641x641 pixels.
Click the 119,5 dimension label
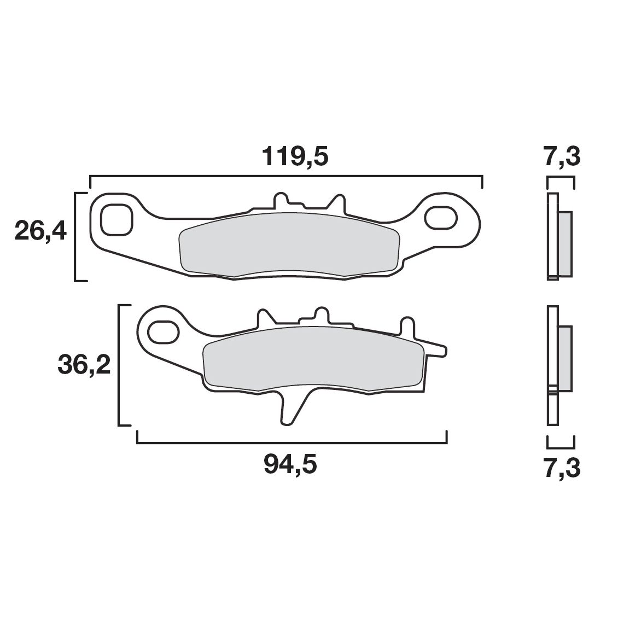295,158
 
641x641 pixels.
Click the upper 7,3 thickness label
562,158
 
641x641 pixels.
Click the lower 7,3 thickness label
562,469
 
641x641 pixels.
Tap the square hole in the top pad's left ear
116,220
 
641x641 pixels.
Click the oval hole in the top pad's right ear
441,217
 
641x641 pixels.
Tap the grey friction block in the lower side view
565,358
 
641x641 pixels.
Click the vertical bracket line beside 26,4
75,237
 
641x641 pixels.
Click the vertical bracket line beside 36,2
119,365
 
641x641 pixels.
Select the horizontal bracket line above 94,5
292,442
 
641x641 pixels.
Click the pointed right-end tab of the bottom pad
438,348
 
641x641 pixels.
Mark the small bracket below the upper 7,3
561,178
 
